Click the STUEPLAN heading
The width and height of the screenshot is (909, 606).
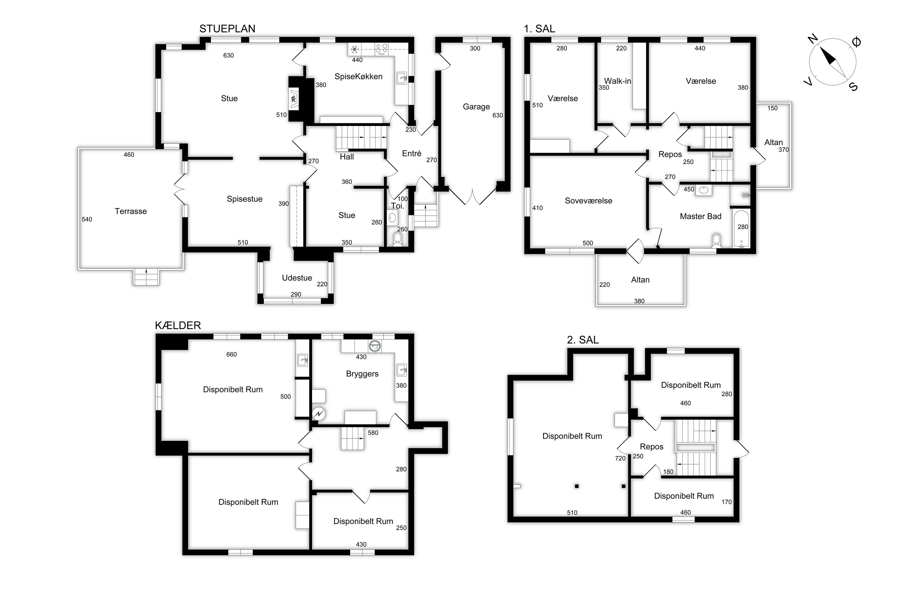tap(227, 28)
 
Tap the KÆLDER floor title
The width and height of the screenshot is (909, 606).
tap(178, 325)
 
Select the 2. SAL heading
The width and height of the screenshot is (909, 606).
tap(583, 340)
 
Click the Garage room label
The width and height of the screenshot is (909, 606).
tap(476, 107)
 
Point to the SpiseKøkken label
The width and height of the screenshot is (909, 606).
tap(358, 77)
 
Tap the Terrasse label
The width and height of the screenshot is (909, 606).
tap(131, 211)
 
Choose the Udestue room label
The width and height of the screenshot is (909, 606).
tap(297, 278)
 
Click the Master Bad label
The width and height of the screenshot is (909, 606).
tap(700, 216)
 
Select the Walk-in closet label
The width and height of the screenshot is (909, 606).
tap(618, 81)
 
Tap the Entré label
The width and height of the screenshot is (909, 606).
tap(411, 153)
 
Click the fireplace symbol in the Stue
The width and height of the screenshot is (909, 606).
tap(295, 98)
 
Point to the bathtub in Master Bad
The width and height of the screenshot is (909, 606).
tap(741, 228)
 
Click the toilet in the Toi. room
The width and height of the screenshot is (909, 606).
tap(398, 239)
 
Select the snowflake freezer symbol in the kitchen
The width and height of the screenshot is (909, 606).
tap(354, 49)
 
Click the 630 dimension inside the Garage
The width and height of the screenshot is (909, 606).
tap(498, 115)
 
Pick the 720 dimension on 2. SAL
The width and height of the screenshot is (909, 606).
tap(620, 458)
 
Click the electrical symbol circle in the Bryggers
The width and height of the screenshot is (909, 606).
tap(319, 414)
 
